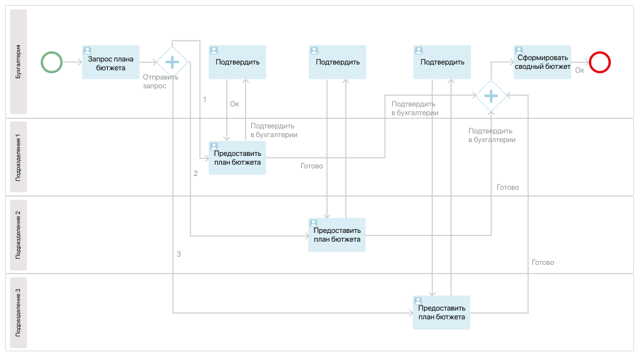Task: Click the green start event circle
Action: [x=51, y=62]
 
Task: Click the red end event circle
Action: [x=600, y=62]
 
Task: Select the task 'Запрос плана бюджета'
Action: [x=111, y=62]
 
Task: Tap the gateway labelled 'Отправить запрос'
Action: [x=172, y=62]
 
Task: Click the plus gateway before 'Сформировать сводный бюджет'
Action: [x=491, y=96]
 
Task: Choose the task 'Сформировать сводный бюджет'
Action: [x=543, y=62]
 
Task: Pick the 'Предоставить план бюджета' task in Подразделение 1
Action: [x=237, y=158]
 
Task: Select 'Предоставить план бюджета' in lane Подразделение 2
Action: [x=337, y=235]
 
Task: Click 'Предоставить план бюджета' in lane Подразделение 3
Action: [x=442, y=312]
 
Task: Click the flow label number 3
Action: [x=179, y=254]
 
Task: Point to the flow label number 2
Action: [x=195, y=173]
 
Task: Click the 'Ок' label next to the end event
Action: [x=579, y=71]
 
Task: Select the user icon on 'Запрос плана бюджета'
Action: [x=88, y=51]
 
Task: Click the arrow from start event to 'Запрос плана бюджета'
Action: [x=72, y=62]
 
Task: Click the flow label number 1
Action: [x=204, y=99]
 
